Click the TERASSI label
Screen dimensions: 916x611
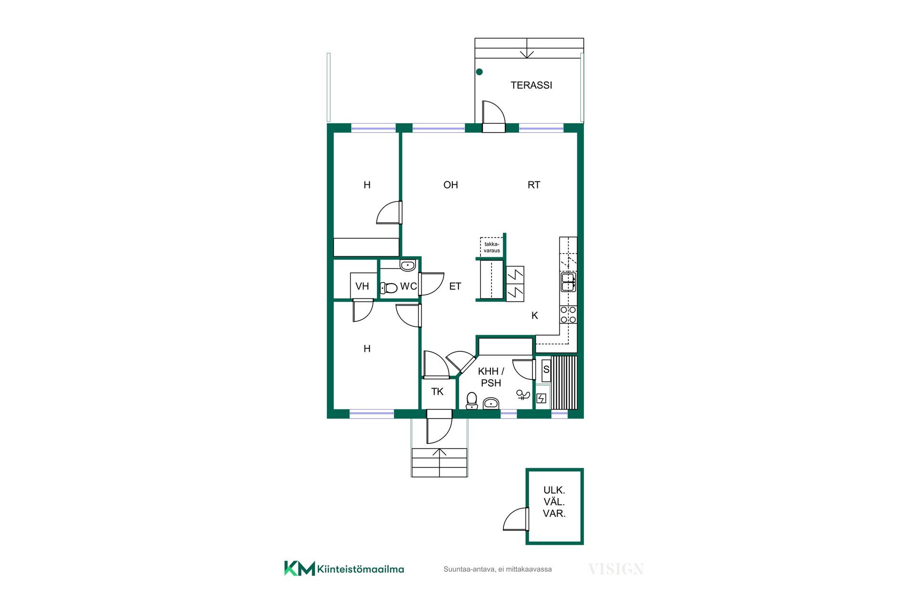(x=531, y=85)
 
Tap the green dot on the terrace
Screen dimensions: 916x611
(x=479, y=72)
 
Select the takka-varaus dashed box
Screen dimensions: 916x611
(x=491, y=247)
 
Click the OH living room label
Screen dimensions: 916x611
(x=450, y=185)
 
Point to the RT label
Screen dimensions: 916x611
(x=534, y=185)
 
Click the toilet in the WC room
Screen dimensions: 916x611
(x=389, y=288)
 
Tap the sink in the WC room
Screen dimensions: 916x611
(x=407, y=265)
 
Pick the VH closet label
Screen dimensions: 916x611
(x=362, y=286)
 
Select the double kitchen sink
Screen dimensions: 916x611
(x=568, y=282)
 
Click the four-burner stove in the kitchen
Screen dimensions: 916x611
(x=568, y=315)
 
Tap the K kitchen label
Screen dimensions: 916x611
(x=535, y=316)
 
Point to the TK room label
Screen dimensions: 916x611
(x=437, y=392)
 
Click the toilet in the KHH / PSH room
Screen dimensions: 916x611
(x=472, y=400)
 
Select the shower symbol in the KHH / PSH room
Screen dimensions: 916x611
(x=523, y=394)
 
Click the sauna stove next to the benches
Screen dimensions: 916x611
(x=541, y=398)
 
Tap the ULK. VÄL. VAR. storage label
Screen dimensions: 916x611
(x=554, y=502)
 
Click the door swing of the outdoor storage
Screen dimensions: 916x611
(x=516, y=519)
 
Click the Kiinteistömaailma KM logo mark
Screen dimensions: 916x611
(x=300, y=568)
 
